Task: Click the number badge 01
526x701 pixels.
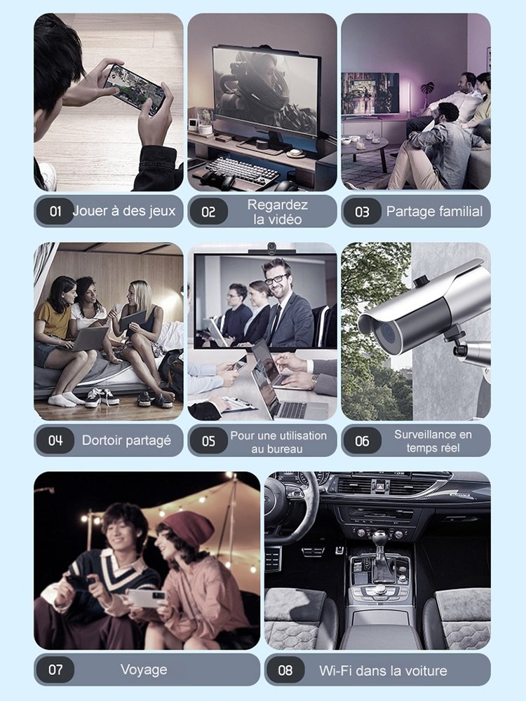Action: pyautogui.click(x=55, y=211)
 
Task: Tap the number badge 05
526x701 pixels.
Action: pyautogui.click(x=208, y=441)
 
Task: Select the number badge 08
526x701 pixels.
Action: pyautogui.click(x=285, y=669)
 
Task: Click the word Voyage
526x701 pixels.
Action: pyautogui.click(x=144, y=670)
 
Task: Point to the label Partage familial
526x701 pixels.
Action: pyautogui.click(x=434, y=212)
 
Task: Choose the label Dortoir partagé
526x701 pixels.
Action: pyautogui.click(x=126, y=441)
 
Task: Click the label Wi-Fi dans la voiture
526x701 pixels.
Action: pyautogui.click(x=383, y=671)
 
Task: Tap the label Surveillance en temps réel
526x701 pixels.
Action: pyautogui.click(x=433, y=441)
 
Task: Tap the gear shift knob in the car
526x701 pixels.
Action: pyautogui.click(x=379, y=536)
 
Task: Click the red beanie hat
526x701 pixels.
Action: pyautogui.click(x=188, y=529)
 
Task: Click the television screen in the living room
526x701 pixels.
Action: pyautogui.click(x=370, y=93)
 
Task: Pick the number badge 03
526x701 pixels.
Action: pyautogui.click(x=362, y=212)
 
